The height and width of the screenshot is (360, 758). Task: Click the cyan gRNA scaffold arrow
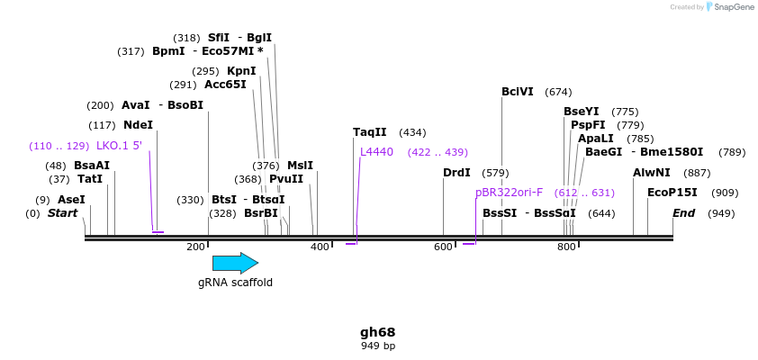click(x=235, y=263)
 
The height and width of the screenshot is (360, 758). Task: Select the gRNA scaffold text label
click(x=235, y=283)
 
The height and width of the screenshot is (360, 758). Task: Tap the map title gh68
click(x=378, y=332)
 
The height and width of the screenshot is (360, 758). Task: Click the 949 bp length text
click(x=378, y=346)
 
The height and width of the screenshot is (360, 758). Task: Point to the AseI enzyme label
click(x=71, y=200)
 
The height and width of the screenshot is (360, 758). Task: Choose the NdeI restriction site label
click(x=138, y=125)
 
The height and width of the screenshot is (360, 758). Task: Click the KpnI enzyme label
click(x=241, y=71)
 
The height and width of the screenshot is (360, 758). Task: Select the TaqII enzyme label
click(x=369, y=132)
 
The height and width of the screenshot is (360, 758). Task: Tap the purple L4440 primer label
click(x=376, y=152)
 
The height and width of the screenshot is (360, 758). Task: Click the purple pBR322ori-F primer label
click(x=509, y=192)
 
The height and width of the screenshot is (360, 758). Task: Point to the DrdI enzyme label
click(x=456, y=173)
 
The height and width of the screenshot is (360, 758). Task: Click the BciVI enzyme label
click(x=518, y=92)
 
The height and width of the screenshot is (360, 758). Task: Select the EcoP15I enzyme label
click(x=672, y=193)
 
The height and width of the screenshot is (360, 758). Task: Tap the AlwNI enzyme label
click(x=652, y=173)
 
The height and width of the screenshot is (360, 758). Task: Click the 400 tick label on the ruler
click(x=320, y=247)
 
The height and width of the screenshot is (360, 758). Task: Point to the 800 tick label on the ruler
click(x=566, y=247)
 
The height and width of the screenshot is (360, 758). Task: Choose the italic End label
click(x=684, y=213)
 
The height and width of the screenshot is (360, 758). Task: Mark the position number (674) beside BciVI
click(x=558, y=92)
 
